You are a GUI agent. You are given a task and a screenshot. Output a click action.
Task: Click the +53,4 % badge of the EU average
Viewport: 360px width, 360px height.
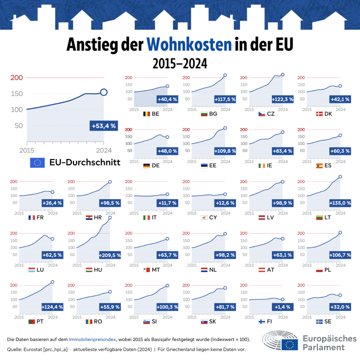[x=104, y=126]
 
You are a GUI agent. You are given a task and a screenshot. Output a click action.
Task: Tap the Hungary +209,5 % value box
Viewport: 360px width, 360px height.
[x=110, y=255]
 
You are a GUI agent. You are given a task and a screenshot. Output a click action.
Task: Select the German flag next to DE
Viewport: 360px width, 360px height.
[x=146, y=165]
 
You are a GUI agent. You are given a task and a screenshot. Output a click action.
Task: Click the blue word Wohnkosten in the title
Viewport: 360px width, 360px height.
[x=189, y=44]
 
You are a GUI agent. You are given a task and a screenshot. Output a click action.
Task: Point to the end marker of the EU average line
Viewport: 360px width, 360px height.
[x=104, y=92]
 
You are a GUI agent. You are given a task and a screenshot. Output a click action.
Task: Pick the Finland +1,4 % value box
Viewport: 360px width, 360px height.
[x=282, y=307]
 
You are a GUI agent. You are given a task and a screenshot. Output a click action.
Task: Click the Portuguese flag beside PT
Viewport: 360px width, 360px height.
[x=32, y=322]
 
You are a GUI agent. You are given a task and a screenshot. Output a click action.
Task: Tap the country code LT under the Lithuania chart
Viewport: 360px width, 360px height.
[x=327, y=217]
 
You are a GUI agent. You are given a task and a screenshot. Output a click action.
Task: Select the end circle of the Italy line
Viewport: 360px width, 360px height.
[x=167, y=194]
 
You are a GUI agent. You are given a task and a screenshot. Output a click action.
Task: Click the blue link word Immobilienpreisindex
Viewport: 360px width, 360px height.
[x=92, y=340]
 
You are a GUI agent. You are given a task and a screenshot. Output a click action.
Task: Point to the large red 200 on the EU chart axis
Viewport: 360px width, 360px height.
[x=17, y=78]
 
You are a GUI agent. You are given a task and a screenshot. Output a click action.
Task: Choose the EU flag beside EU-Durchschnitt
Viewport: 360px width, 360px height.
[x=37, y=162]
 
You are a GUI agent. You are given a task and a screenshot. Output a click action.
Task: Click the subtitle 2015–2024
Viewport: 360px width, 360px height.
[x=180, y=64]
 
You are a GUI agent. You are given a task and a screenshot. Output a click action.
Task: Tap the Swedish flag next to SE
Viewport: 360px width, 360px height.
[x=319, y=322]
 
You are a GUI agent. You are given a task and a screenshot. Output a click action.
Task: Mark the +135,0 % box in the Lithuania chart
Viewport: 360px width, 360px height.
[x=340, y=203]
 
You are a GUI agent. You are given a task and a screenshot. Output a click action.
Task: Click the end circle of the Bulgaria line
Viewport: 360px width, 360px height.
[x=225, y=75]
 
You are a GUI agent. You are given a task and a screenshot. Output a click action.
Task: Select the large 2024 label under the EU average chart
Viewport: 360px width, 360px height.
[x=104, y=151]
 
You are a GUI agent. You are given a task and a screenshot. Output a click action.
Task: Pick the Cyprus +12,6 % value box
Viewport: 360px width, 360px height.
[x=225, y=203]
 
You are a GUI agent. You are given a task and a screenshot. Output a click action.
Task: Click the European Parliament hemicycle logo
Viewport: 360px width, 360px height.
[x=280, y=340]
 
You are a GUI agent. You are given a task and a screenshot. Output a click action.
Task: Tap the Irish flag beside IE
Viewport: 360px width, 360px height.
[x=262, y=165]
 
